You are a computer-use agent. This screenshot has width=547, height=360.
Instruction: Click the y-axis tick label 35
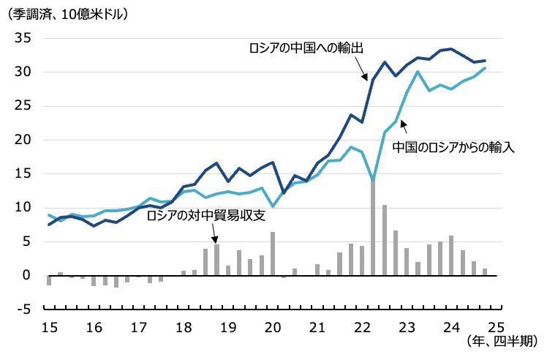pos(21,38)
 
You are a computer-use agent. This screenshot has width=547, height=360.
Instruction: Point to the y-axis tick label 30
pos(21,72)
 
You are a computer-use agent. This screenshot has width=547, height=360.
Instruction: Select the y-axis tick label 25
pos(21,106)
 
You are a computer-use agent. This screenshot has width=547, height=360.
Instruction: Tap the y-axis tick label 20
pos(21,140)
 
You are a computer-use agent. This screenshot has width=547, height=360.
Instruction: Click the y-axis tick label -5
pos(21,310)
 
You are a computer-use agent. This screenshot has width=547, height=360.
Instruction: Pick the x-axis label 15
pos(49,326)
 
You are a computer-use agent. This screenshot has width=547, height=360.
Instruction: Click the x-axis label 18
pos(183,326)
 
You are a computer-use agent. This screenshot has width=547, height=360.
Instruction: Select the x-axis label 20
pos(272,326)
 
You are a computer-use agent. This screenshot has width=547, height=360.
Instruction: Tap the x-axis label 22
pos(361,326)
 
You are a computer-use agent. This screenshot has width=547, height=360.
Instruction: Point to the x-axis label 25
pos(496,326)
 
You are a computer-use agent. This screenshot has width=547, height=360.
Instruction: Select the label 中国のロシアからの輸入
pos(453,146)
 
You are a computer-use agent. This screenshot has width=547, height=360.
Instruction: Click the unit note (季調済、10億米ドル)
pos(67,13)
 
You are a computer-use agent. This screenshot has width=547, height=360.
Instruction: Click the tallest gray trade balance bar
pos(373,227)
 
